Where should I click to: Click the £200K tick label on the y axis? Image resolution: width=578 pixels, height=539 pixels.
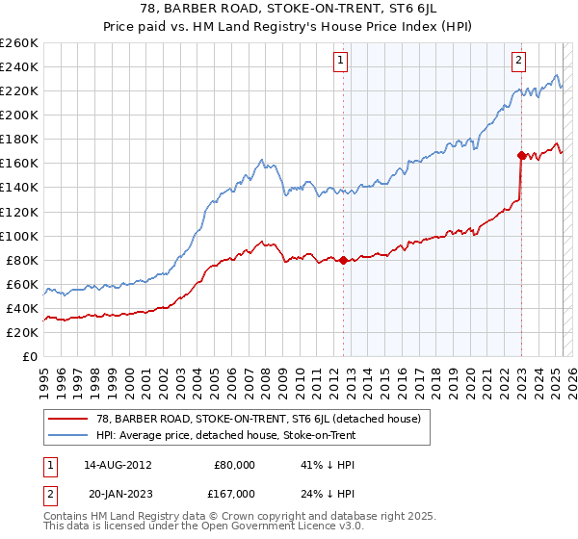point(19,115)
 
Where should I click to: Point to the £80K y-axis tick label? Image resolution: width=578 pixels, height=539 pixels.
point(22,260)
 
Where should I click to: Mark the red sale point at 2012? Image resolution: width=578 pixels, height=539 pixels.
point(343,260)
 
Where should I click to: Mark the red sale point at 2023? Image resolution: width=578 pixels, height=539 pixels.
point(521,154)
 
